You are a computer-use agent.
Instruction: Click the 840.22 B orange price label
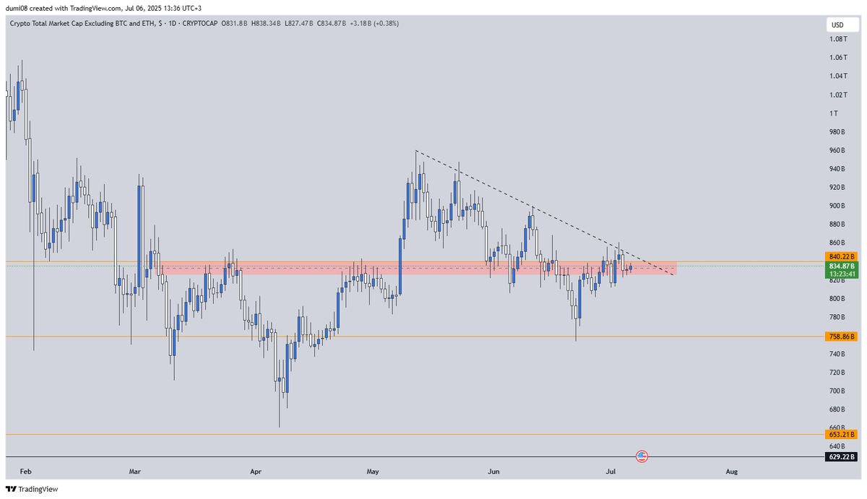tap(841, 256)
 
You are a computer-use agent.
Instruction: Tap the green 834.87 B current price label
tap(841, 266)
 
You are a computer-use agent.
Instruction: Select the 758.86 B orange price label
tap(841, 337)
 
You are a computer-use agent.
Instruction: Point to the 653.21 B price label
tap(841, 435)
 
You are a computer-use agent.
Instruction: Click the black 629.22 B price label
tap(841, 456)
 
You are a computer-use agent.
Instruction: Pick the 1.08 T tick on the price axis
tap(838, 39)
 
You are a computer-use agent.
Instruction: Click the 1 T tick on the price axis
tap(834, 113)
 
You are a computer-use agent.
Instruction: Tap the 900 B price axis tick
tap(837, 206)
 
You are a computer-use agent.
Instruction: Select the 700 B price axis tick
tap(837, 391)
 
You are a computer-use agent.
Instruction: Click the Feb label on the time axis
tap(26, 472)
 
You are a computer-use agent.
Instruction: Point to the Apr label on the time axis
tap(255, 472)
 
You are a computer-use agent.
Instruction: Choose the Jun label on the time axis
tap(493, 472)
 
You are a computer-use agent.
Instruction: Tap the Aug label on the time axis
tap(732, 472)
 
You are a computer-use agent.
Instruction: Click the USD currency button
tap(837, 25)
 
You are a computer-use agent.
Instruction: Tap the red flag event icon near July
tap(642, 456)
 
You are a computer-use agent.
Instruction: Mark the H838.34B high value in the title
tap(257, 24)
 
